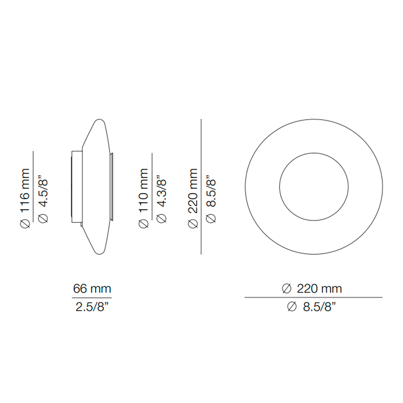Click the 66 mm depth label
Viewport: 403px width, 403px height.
(92, 289)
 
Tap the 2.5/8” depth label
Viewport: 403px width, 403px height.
(92, 307)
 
